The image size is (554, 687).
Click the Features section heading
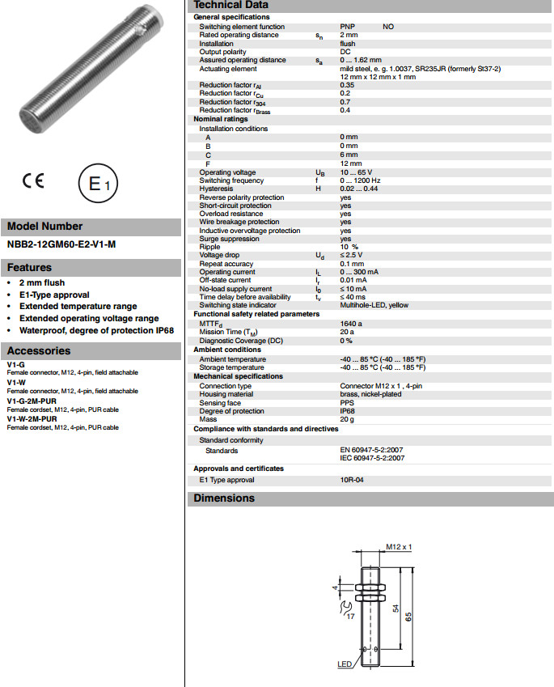click(29, 268)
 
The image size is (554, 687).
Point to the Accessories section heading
click(39, 351)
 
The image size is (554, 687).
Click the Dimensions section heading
click(224, 498)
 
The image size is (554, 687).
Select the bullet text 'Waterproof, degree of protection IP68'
click(96, 330)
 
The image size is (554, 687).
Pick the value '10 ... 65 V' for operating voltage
click(358, 172)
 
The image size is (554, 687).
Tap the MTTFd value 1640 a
click(352, 323)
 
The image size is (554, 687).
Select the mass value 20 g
click(348, 419)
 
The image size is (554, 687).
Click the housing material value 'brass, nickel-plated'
click(370, 394)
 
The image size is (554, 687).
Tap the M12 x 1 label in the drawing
click(400, 547)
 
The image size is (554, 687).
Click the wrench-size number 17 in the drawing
click(351, 617)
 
